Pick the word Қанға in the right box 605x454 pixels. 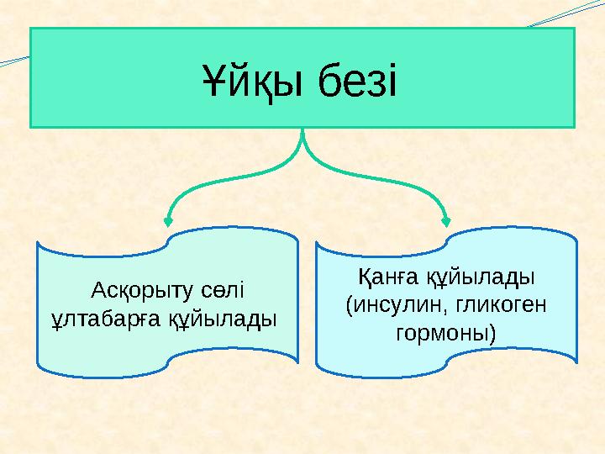point(386,277)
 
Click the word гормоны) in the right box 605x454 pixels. point(445,333)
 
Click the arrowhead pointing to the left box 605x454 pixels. point(168,221)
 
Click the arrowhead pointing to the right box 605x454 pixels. point(446,221)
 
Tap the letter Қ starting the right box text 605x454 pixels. point(364,277)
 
